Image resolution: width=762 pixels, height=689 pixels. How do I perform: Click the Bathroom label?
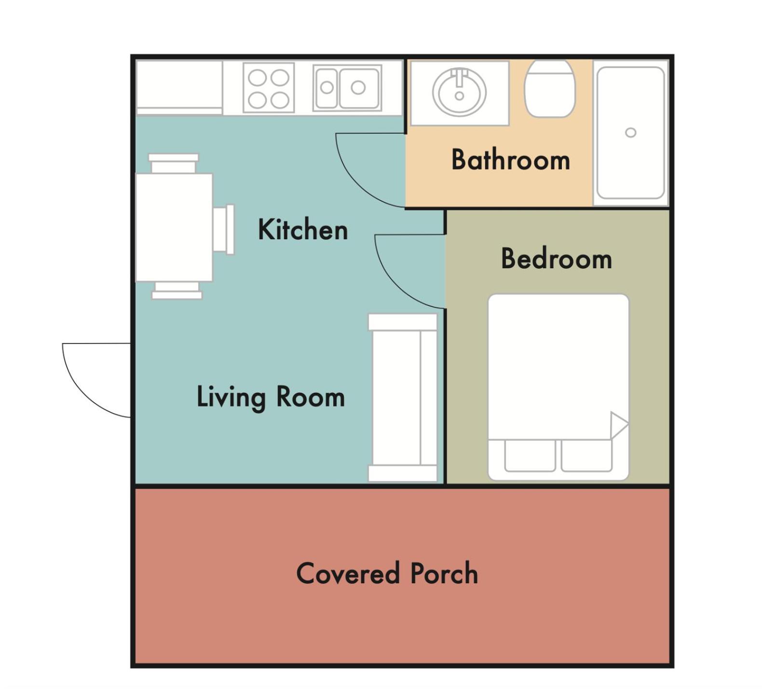511,160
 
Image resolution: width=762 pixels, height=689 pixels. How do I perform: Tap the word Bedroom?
557,259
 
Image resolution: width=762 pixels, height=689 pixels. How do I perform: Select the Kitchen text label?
303,229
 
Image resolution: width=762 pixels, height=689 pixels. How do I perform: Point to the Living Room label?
271,397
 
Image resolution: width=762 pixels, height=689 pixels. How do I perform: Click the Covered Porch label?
387,573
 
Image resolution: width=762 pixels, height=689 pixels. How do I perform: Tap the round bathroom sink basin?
459,92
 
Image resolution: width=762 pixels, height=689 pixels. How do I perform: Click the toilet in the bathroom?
550,89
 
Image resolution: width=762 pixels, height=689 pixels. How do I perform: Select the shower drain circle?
630,133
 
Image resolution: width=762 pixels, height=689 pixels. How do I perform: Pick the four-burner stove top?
269,88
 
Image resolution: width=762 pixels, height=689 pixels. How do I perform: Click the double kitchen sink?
347,88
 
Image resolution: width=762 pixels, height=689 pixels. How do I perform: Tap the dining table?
174,227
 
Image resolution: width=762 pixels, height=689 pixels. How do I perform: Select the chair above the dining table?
174,163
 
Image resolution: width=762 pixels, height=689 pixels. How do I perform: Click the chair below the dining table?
177,291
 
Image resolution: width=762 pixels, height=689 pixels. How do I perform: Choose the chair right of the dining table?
223,229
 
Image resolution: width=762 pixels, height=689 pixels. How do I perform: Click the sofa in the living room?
403,398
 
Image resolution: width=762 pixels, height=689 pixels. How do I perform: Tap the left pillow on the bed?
530,455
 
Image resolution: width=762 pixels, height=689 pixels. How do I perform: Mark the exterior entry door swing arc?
82,395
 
